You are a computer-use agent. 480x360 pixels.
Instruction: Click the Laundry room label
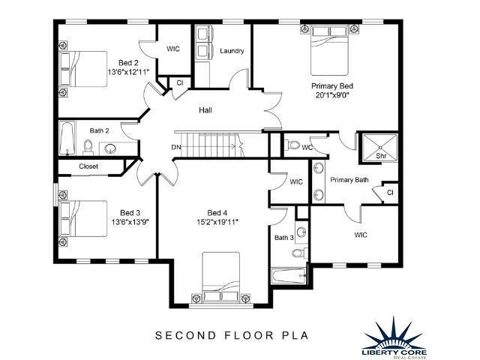click(232, 51)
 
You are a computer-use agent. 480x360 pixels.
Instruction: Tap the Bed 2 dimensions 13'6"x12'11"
click(128, 72)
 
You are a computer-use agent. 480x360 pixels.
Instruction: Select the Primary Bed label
click(332, 86)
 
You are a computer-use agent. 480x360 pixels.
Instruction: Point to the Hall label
click(205, 110)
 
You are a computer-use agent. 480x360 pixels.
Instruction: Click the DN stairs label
click(176, 147)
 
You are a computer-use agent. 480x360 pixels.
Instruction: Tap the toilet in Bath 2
click(88, 147)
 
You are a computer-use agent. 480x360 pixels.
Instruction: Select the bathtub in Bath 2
click(67, 138)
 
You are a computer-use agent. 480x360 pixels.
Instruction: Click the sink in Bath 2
click(110, 148)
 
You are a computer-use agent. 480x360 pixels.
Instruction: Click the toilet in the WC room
click(293, 145)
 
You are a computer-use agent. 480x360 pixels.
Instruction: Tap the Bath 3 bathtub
click(289, 276)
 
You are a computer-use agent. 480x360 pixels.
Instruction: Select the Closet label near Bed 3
click(88, 166)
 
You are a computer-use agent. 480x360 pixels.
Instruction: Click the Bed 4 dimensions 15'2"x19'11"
click(217, 222)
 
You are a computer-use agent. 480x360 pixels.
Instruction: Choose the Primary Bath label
click(349, 180)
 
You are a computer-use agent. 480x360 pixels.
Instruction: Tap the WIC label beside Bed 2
click(173, 49)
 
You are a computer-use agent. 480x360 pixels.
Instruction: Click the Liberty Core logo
click(394, 337)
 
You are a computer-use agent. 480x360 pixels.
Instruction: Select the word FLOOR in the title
click(249, 335)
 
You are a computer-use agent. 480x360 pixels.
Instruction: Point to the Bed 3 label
click(130, 213)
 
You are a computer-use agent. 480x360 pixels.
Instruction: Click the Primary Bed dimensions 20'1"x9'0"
click(332, 95)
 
